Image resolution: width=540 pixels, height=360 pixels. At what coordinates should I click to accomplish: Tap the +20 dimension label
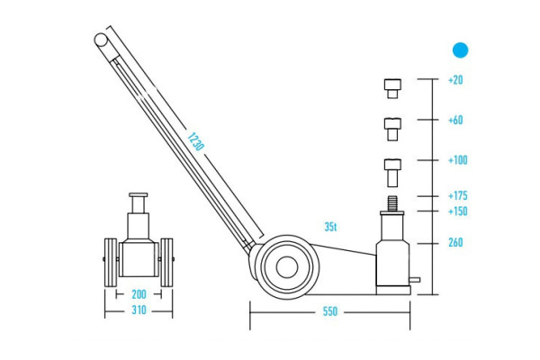point(455,80)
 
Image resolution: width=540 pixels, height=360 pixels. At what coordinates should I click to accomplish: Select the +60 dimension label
point(455,119)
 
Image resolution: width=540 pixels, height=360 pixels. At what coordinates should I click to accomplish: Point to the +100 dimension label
point(457,160)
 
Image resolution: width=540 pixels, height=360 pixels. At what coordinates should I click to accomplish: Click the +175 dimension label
point(457,195)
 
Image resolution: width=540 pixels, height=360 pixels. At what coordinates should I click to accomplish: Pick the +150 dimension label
point(457,211)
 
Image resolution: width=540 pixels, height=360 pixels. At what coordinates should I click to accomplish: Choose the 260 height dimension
point(456,243)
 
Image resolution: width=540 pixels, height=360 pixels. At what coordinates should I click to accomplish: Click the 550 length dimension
point(329,311)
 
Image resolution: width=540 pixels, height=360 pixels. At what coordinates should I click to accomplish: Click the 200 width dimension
point(139,294)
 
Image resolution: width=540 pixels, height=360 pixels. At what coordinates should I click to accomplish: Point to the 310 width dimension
point(139,311)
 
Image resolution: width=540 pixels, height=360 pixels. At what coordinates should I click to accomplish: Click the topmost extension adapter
point(391,87)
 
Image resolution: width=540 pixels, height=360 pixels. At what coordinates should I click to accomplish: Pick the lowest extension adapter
point(391,169)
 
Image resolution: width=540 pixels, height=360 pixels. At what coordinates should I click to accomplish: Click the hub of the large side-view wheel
point(286,265)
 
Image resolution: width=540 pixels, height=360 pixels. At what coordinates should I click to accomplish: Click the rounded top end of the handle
point(102,39)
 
